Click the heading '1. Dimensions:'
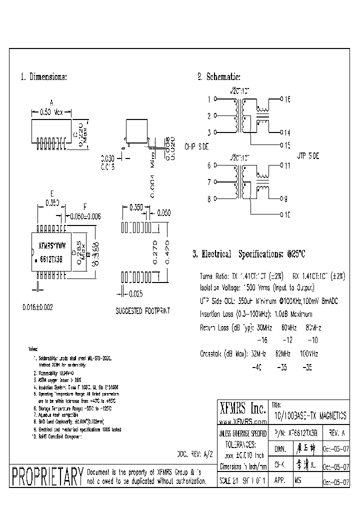coord(43,77)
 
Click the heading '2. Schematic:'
coord(218,77)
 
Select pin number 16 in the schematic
coord(287,99)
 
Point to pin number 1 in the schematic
coord(209,99)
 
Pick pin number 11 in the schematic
coord(287,165)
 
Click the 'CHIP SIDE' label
coord(196,147)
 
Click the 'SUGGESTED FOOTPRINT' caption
coord(142,310)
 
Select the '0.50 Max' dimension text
coord(51,112)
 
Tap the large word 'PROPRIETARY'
coord(46,477)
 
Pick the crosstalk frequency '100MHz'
coord(308,353)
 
